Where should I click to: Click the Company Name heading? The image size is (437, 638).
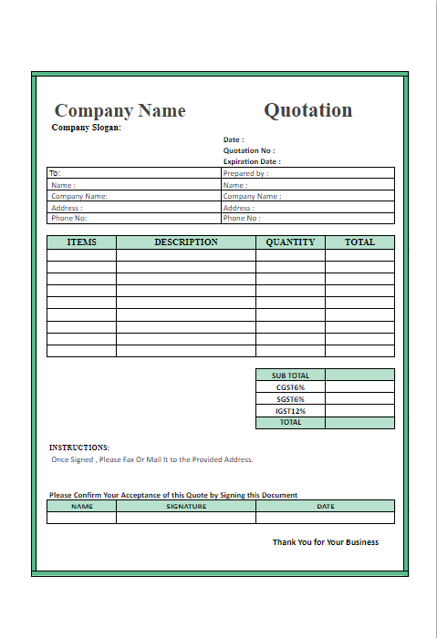coord(120,111)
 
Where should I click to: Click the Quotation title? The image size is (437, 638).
coord(307,110)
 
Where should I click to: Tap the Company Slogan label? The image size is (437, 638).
coord(87,128)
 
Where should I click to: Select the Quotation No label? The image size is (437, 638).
coord(249,150)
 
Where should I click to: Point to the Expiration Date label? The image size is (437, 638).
coord(252,161)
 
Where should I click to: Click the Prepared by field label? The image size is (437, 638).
coord(245,173)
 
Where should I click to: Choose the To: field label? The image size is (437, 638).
coord(55,173)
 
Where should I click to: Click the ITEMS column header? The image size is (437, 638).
coord(81,242)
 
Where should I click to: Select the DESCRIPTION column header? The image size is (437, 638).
coord(186,242)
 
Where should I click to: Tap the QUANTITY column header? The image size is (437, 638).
coord(290,242)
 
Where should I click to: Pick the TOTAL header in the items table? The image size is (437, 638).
coord(359,242)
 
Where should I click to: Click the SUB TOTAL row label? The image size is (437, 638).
coord(290,375)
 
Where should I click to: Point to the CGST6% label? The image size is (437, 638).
coord(290,386)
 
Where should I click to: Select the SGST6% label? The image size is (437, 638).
coord(290,398)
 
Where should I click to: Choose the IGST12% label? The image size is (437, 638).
coord(290,410)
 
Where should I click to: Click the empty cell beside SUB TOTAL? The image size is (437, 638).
coord(359,375)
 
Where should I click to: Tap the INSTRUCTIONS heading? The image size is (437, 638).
coord(79,448)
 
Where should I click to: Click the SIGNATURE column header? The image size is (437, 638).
coord(186,506)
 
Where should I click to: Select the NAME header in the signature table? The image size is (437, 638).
coord(81,506)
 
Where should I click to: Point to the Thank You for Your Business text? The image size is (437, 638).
coord(326,542)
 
